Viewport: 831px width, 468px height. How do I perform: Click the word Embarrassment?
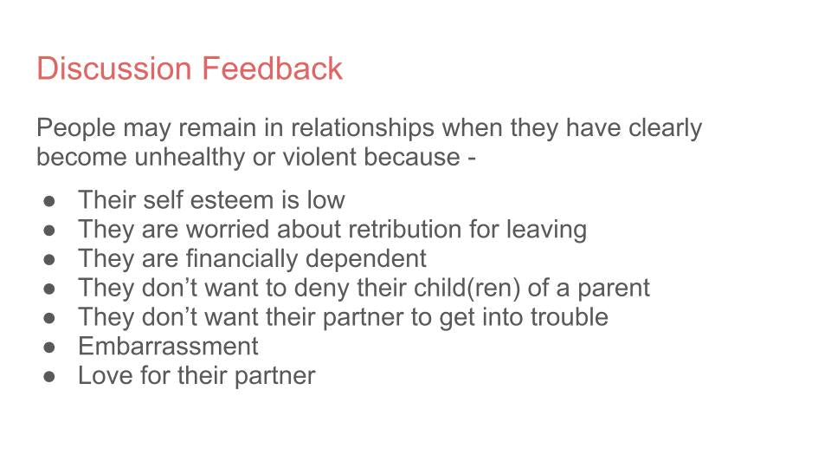pyautogui.click(x=168, y=347)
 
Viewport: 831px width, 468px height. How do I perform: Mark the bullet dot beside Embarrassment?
pyautogui.click(x=49, y=347)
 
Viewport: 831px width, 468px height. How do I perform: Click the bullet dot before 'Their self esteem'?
pyautogui.click(x=49, y=200)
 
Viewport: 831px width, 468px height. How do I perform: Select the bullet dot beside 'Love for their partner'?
pyautogui.click(x=49, y=376)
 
